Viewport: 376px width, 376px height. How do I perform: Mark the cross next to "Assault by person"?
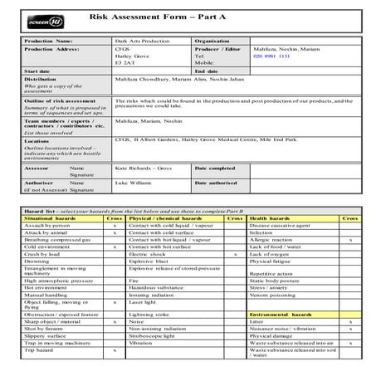pyautogui.click(x=114, y=226)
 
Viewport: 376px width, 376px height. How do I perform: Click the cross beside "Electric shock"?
pyautogui.click(x=236, y=255)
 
